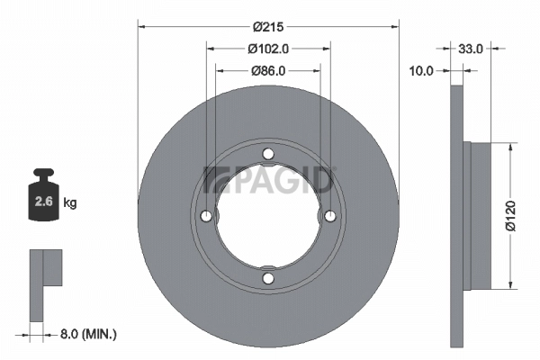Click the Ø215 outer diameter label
point(267,26)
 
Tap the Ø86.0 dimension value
point(267,70)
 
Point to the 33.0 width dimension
point(472,49)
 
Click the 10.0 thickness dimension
point(421,70)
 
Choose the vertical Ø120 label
point(510,216)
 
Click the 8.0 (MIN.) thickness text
point(86,334)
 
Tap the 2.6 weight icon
point(42,199)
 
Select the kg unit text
point(70,203)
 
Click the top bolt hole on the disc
point(267,154)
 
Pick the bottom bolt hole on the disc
point(267,278)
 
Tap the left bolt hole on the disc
point(206,216)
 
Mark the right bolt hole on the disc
point(329,216)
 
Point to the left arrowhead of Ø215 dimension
point(140,26)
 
